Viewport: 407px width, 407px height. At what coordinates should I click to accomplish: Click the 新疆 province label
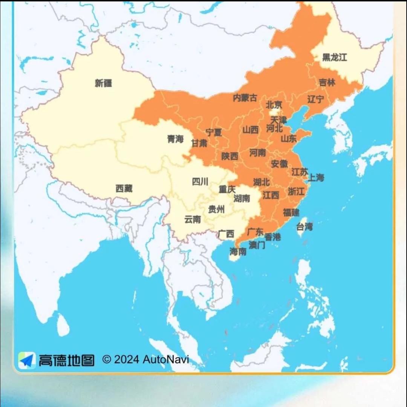(x=103, y=83)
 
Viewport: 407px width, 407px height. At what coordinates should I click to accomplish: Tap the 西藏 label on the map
(x=124, y=188)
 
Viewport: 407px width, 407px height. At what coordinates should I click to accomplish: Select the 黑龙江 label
(x=334, y=57)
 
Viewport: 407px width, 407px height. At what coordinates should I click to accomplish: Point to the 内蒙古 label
(x=245, y=98)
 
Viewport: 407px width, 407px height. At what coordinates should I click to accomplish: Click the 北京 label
(x=274, y=105)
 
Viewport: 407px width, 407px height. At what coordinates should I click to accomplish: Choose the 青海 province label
(x=175, y=139)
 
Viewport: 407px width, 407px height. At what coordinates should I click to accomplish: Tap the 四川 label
(x=200, y=182)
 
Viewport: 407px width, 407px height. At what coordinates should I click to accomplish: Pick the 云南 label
(x=193, y=219)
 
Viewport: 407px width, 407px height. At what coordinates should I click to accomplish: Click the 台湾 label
(x=304, y=227)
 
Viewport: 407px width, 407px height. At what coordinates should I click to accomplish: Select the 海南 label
(x=238, y=251)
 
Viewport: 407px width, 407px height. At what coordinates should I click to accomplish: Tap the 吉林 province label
(x=327, y=82)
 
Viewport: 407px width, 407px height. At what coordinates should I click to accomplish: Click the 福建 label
(x=291, y=212)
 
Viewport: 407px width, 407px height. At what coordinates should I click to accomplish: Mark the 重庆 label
(x=227, y=189)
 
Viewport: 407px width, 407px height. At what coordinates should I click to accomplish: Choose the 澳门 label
(x=257, y=245)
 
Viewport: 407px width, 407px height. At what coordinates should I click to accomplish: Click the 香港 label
(x=272, y=237)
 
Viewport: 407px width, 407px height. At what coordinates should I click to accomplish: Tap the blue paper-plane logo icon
(x=27, y=360)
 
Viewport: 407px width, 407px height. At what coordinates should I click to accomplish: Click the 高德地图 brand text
(x=66, y=361)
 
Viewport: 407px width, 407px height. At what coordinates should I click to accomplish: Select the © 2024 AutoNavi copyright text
(x=145, y=360)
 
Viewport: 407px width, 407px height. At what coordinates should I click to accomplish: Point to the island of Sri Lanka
(x=63, y=325)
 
